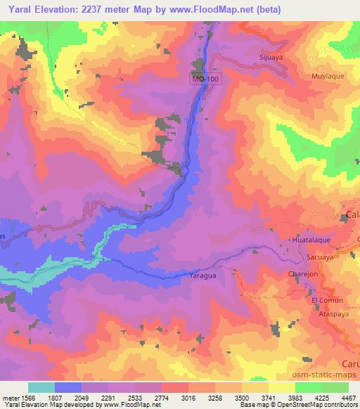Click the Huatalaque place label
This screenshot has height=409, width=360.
pyautogui.click(x=309, y=240)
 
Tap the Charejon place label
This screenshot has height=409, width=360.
pyautogui.click(x=303, y=275)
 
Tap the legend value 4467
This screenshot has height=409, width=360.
pyautogui.click(x=349, y=397)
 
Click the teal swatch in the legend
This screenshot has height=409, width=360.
pyautogui.click(x=41, y=387)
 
